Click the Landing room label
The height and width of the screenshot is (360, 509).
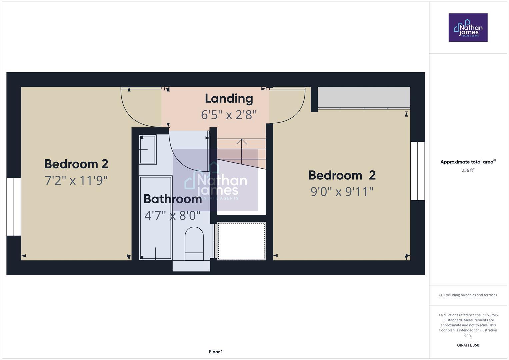229,99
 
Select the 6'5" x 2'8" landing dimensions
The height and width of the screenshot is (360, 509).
229,115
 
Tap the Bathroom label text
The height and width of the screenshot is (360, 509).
172,199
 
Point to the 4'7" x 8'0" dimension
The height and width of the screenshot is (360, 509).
172,216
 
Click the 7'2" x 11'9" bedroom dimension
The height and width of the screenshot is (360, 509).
76,181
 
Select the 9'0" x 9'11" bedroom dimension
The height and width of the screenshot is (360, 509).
342,192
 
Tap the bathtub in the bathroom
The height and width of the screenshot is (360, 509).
155,217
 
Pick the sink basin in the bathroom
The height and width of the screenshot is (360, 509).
147,150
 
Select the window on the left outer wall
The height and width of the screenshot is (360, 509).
14,207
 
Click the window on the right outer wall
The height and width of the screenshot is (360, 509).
417,171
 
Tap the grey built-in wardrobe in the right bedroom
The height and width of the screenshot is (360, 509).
364,97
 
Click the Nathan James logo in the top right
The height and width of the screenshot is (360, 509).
468,28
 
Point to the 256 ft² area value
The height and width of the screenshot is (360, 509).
468,170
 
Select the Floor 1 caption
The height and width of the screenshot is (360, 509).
216,352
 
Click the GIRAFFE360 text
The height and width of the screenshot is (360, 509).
468,345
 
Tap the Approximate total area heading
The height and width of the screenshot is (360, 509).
467,162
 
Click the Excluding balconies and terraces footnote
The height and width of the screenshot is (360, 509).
468,295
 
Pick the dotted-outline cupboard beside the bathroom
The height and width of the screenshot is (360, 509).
241,241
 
